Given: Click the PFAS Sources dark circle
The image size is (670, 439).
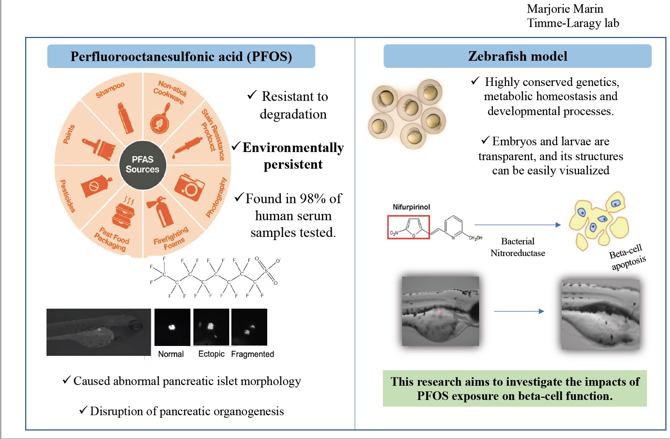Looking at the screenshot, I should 142,164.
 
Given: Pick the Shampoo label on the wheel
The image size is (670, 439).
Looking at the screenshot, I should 110,90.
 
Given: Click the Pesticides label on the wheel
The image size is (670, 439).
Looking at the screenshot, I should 67,196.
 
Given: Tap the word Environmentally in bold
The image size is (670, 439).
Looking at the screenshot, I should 293,148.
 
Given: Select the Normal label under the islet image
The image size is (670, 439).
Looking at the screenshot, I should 171,354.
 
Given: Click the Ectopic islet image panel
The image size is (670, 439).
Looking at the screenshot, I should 211,327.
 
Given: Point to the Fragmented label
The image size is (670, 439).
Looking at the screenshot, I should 252,354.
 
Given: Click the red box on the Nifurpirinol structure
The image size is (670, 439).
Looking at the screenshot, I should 408,227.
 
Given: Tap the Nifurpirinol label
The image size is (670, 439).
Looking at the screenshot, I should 411,207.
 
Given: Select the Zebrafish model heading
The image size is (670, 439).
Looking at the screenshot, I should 517,56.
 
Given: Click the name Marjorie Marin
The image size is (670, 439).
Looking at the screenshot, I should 565,9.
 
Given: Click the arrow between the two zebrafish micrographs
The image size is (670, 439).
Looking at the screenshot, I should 519,311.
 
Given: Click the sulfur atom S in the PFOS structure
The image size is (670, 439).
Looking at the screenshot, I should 266,271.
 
